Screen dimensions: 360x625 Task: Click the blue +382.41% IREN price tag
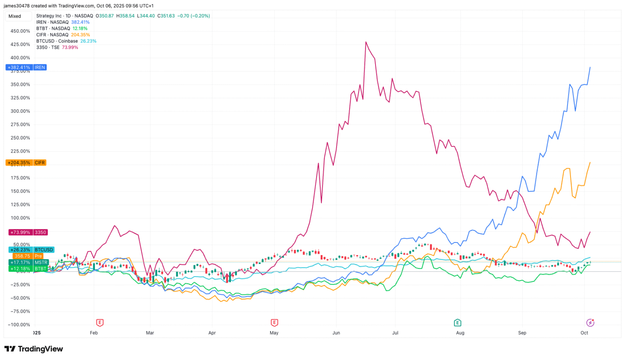[x=26, y=68]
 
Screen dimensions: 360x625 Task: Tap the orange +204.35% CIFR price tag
[x=26, y=163]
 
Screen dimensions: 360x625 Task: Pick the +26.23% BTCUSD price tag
[x=31, y=250]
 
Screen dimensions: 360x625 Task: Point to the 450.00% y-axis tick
[x=20, y=31]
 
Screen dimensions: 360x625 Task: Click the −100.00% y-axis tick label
[x=19, y=325]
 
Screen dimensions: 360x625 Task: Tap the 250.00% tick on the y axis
[x=20, y=138]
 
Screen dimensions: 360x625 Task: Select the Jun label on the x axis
[x=336, y=333]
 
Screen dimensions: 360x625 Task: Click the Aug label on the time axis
[x=460, y=333]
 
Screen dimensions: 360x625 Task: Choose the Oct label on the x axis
[x=584, y=333]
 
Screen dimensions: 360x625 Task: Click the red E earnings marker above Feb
[x=100, y=323]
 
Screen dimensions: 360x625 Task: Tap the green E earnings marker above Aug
[x=457, y=323]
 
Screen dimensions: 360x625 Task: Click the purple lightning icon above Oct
[x=590, y=323]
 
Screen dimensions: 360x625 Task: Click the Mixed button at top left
[x=18, y=16]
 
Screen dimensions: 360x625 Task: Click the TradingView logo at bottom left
[x=34, y=349]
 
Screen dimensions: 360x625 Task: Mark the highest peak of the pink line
[x=366, y=42]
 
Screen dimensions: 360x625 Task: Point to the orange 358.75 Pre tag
[x=28, y=256]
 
